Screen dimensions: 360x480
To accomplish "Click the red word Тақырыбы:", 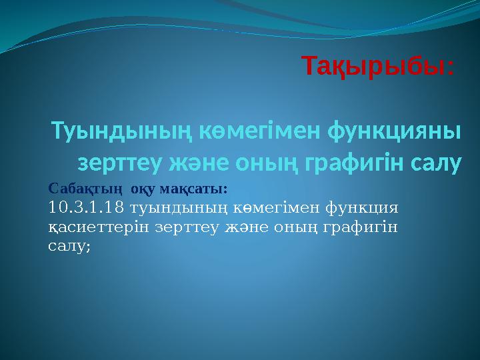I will pyautogui.click(x=378, y=66).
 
